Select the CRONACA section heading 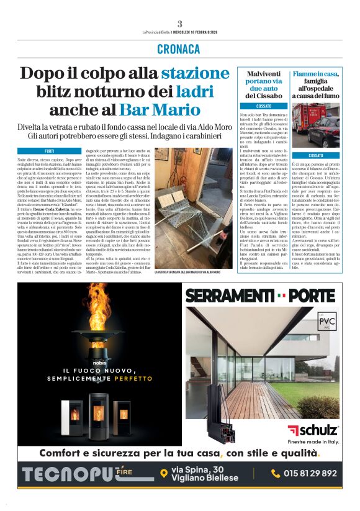pos(179,49)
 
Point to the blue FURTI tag pos(49,151)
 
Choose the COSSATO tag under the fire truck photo pos(316,155)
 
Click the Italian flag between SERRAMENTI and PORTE pos(282,294)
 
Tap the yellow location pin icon pos(163,473)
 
